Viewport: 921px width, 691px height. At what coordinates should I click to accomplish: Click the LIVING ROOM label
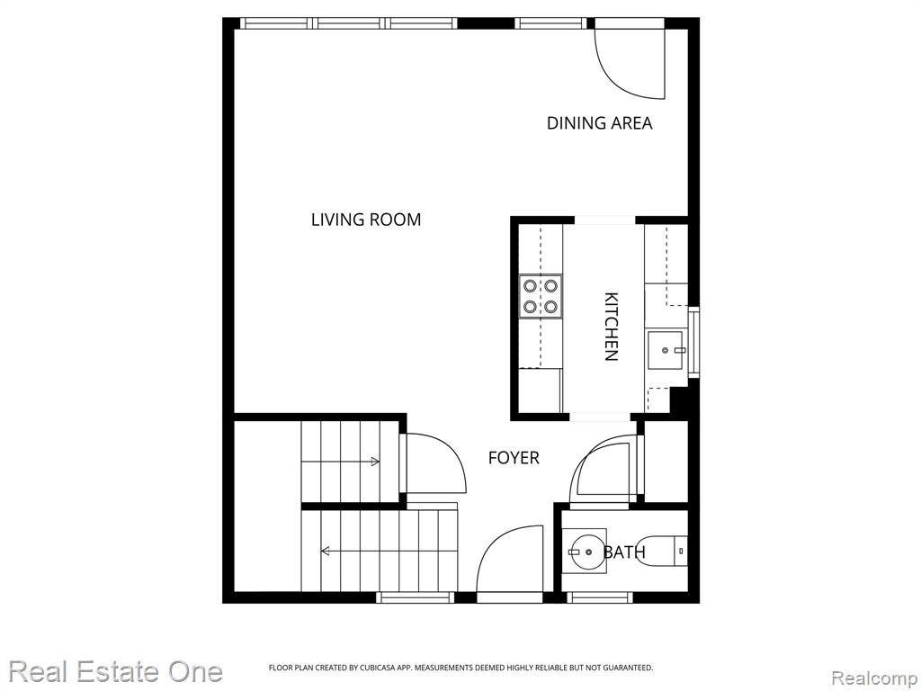pyautogui.click(x=366, y=220)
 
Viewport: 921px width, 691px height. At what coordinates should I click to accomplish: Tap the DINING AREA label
pyautogui.click(x=599, y=123)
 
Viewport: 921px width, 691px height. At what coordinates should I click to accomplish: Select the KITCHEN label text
pyautogui.click(x=612, y=326)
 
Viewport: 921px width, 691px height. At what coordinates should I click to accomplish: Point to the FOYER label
pyautogui.click(x=514, y=458)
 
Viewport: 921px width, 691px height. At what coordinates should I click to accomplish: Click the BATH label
pyautogui.click(x=624, y=552)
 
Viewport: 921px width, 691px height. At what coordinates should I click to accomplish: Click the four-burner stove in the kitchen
pyautogui.click(x=541, y=296)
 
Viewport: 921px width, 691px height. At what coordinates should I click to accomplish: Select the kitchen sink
pyautogui.click(x=666, y=350)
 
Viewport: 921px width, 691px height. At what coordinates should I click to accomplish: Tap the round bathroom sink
pyautogui.click(x=584, y=552)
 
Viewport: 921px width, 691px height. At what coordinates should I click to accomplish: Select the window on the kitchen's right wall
pyautogui.click(x=693, y=342)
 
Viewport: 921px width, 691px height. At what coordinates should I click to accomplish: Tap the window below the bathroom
pyautogui.click(x=600, y=597)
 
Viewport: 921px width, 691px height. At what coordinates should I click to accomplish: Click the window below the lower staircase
pyautogui.click(x=416, y=597)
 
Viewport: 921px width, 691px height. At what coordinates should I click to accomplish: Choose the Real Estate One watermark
pyautogui.click(x=116, y=671)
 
